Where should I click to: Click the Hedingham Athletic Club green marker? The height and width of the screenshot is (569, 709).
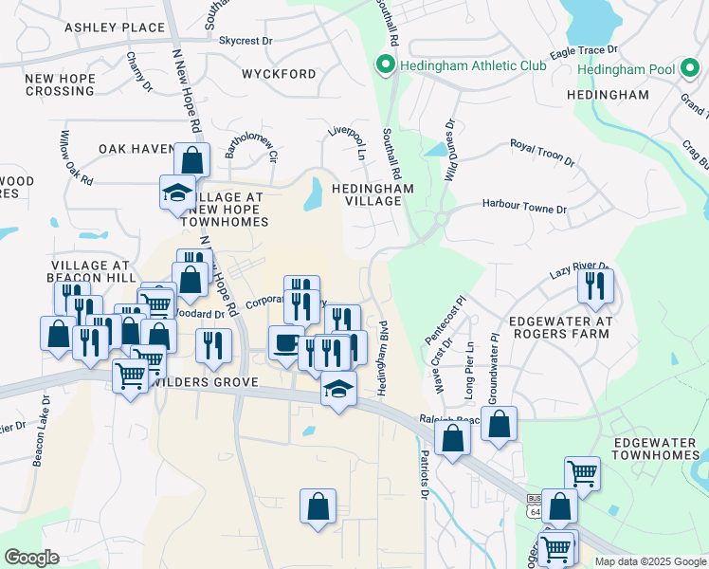(x=385, y=65)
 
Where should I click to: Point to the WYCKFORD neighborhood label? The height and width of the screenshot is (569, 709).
(x=279, y=74)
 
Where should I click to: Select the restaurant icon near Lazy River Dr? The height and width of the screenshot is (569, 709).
(x=595, y=285)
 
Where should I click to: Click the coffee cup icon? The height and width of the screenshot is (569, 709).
(x=285, y=342)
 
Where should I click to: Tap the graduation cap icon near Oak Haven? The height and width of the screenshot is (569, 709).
(x=176, y=192)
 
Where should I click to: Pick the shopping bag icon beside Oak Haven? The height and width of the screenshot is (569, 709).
(x=192, y=159)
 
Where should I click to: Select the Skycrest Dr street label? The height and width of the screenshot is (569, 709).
(x=245, y=42)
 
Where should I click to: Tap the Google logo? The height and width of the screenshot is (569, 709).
(x=31, y=558)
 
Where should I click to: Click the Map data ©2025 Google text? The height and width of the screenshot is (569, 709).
(x=649, y=561)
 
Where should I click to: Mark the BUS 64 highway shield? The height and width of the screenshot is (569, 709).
(x=534, y=504)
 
